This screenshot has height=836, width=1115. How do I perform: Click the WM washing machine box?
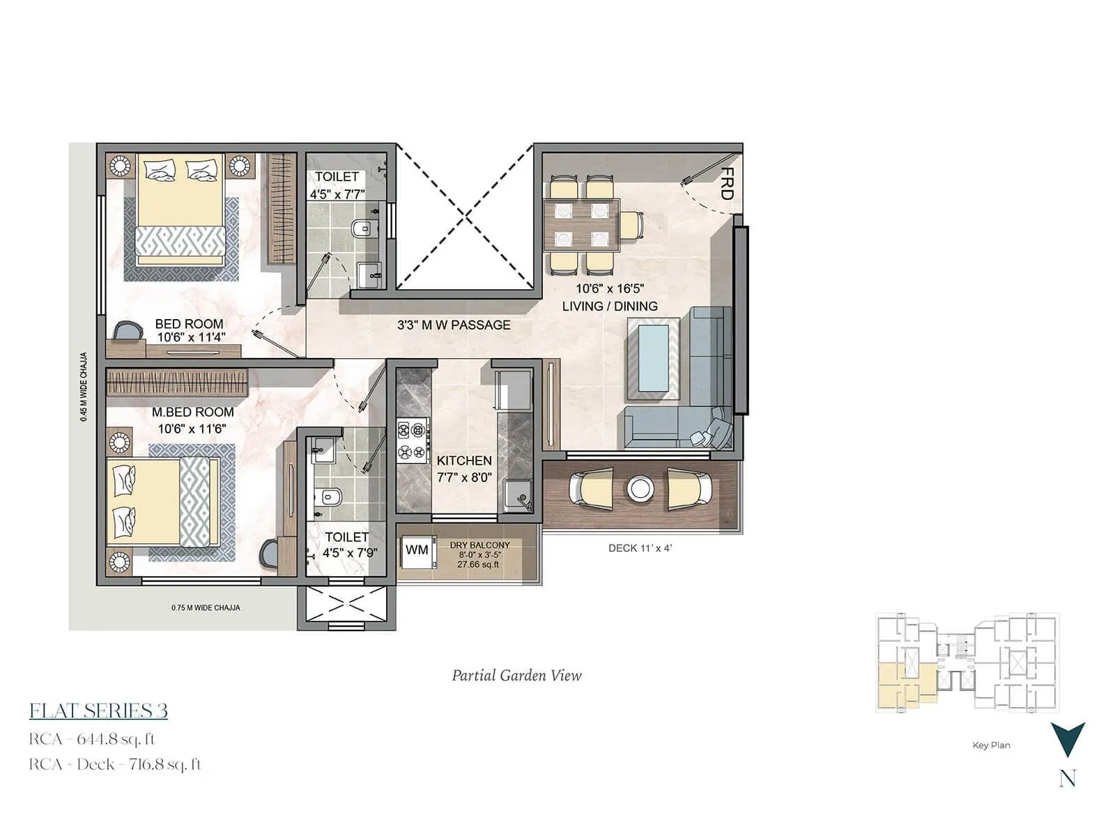click(x=417, y=550)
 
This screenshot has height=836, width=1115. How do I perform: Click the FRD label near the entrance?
click(x=726, y=184)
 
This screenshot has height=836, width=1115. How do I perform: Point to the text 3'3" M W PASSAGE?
click(x=454, y=325)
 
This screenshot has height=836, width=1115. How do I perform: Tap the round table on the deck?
click(x=640, y=488)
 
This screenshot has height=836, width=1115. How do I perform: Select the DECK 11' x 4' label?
click(x=640, y=548)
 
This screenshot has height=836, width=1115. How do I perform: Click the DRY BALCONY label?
click(x=479, y=545)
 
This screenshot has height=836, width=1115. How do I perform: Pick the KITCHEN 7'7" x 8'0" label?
click(x=464, y=469)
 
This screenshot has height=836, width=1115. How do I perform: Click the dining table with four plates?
click(x=581, y=224)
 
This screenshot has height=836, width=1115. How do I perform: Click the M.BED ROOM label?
click(x=192, y=412)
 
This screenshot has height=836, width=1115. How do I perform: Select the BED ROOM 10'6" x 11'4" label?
click(x=189, y=330)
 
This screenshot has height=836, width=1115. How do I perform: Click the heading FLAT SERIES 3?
click(x=98, y=711)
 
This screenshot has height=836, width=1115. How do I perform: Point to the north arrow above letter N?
click(x=1068, y=739)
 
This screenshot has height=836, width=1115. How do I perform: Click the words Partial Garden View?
click(x=516, y=675)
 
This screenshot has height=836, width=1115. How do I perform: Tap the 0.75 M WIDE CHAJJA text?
click(x=206, y=608)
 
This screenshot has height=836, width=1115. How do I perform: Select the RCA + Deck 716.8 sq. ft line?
click(x=115, y=764)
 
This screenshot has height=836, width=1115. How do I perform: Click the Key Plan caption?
click(x=991, y=745)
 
